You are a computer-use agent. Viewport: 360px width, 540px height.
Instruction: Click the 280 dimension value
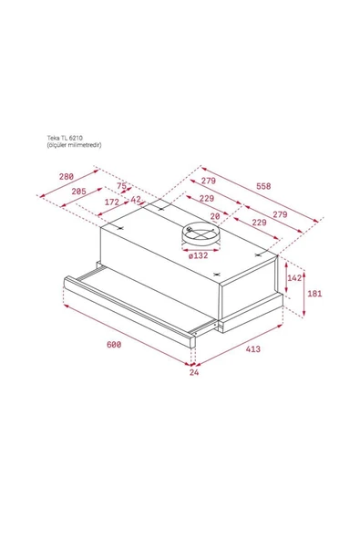pyautogui.click(x=65, y=177)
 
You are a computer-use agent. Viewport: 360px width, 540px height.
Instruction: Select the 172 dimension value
pyautogui.click(x=112, y=202)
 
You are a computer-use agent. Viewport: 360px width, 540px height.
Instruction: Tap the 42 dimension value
pyautogui.click(x=136, y=200)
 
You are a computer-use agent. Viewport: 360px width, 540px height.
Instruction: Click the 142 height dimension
pyautogui.click(x=294, y=277)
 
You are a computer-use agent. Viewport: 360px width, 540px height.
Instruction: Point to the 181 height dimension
pyautogui.click(x=314, y=294)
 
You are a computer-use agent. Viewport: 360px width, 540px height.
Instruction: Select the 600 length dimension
pyautogui.click(x=112, y=344)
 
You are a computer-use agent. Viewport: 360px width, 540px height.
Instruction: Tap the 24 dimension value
pyautogui.click(x=193, y=372)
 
